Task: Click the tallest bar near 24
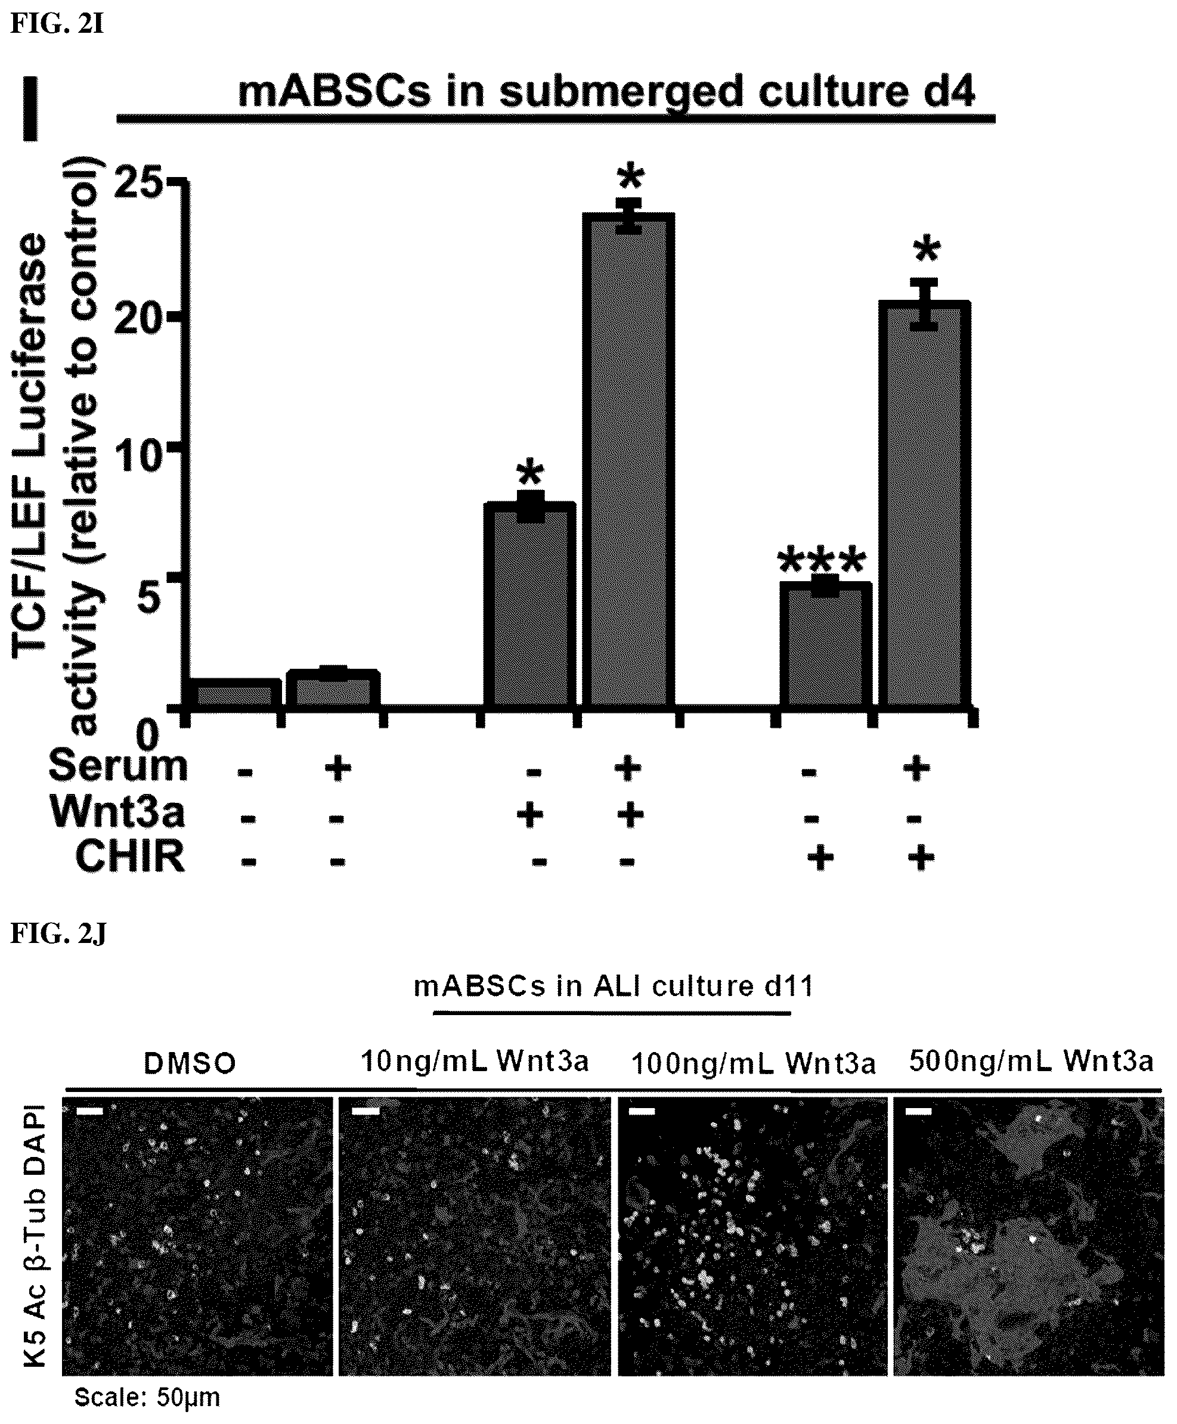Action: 632,461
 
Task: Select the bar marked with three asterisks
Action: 825,645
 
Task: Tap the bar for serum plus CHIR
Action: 924,505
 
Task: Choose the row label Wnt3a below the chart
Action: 117,811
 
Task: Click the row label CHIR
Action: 129,856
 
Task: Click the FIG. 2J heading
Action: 58,935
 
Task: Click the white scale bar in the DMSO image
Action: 89,1112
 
